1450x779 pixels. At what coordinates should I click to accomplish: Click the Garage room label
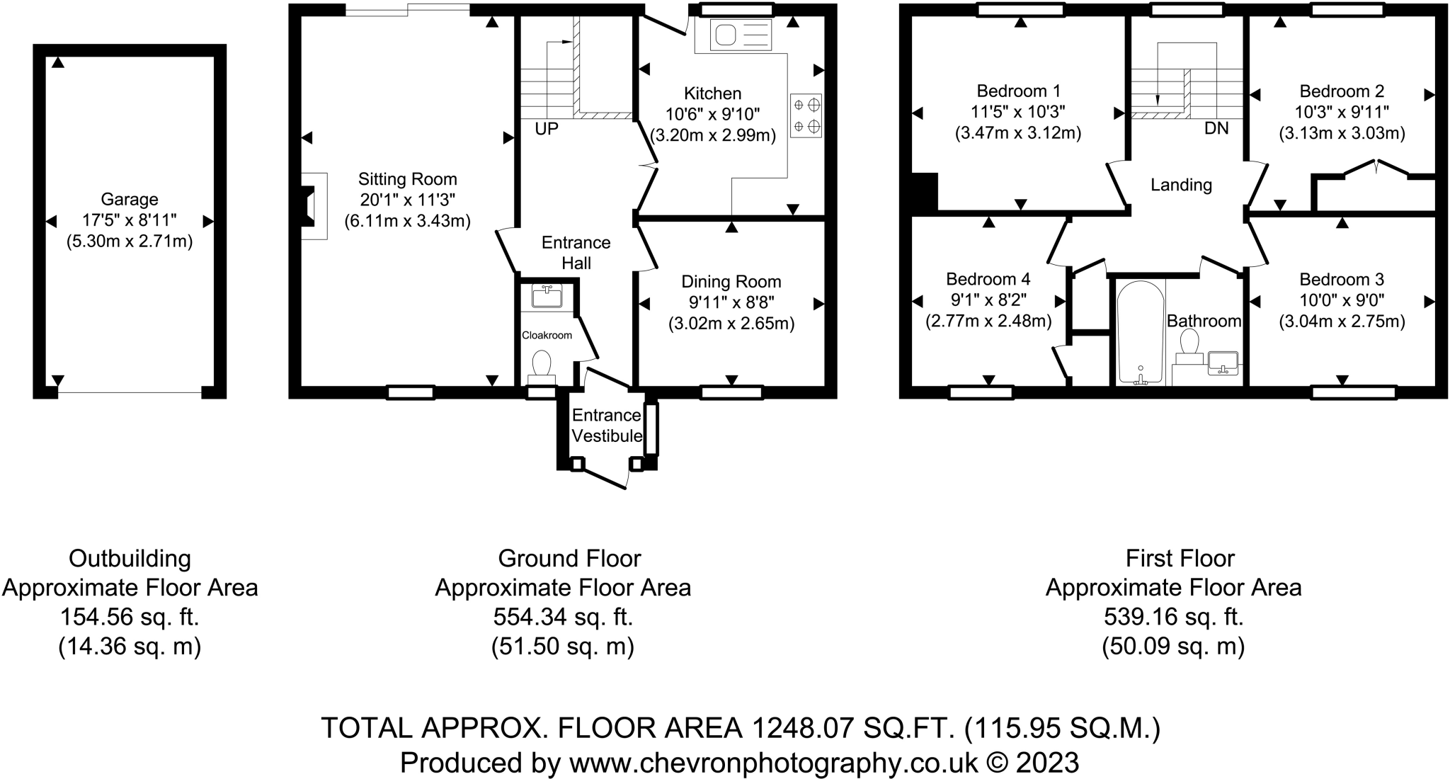point(130,200)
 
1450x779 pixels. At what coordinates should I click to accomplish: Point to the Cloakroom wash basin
point(547,296)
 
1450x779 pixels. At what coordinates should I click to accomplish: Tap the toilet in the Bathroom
point(1189,348)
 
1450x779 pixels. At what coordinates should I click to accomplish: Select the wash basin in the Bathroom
point(1223,363)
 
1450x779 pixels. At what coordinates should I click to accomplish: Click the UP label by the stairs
point(547,129)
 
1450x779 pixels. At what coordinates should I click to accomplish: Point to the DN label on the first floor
point(1217,129)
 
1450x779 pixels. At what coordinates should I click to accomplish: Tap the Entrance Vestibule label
point(607,426)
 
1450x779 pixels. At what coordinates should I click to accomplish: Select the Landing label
point(1181,185)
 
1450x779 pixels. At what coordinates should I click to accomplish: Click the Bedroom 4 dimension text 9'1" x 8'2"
point(988,300)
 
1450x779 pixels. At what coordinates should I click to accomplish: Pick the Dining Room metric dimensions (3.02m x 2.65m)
point(731,324)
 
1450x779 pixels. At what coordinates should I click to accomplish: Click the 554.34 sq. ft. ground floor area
point(564,618)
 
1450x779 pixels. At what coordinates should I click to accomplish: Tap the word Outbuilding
point(130,559)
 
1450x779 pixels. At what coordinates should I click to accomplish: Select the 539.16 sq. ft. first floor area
point(1174,618)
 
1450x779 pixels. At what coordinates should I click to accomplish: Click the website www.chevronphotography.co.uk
point(773,763)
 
